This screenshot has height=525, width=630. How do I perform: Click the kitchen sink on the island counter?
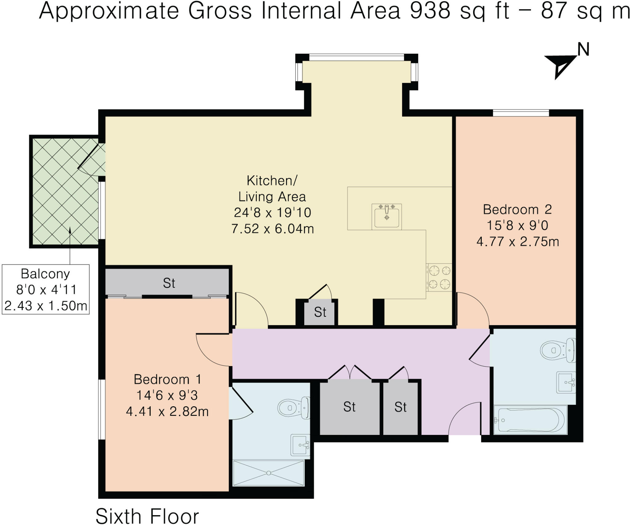pyautogui.click(x=386, y=217)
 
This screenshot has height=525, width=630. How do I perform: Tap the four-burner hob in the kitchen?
pyautogui.click(x=439, y=277)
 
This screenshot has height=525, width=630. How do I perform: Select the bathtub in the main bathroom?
pyautogui.click(x=530, y=420)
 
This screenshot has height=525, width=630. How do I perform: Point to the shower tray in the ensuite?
pyautogui.click(x=269, y=473)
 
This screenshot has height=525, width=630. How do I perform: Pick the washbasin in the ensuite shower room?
pyautogui.click(x=300, y=445)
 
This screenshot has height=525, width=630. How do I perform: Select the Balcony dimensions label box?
pyautogui.click(x=46, y=289)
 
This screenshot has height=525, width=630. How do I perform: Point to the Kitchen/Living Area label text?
pyautogui.click(x=272, y=188)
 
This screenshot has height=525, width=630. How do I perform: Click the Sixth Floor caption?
pyautogui.click(x=147, y=515)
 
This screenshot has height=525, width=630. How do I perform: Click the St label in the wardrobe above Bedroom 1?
pyautogui.click(x=169, y=283)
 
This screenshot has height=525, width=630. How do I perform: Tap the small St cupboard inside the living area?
pyautogui.click(x=320, y=312)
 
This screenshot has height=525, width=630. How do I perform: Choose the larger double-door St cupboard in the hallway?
pyautogui.click(x=349, y=407)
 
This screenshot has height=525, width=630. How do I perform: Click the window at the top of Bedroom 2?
pyautogui.click(x=521, y=113)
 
